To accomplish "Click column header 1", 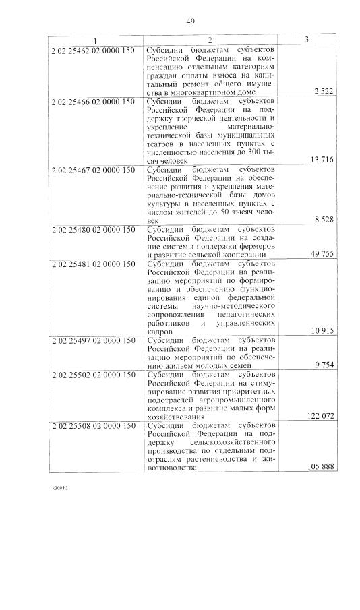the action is pyautogui.click(x=95, y=40).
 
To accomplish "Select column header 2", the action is pyautogui.click(x=211, y=40).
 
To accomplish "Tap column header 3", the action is pyautogui.click(x=307, y=40).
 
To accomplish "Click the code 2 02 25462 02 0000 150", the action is pyautogui.click(x=92, y=49).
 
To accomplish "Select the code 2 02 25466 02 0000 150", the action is pyautogui.click(x=92, y=101).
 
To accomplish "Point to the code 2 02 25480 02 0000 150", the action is pyautogui.click(x=92, y=229).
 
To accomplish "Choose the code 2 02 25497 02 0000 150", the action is pyautogui.click(x=92, y=340).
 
